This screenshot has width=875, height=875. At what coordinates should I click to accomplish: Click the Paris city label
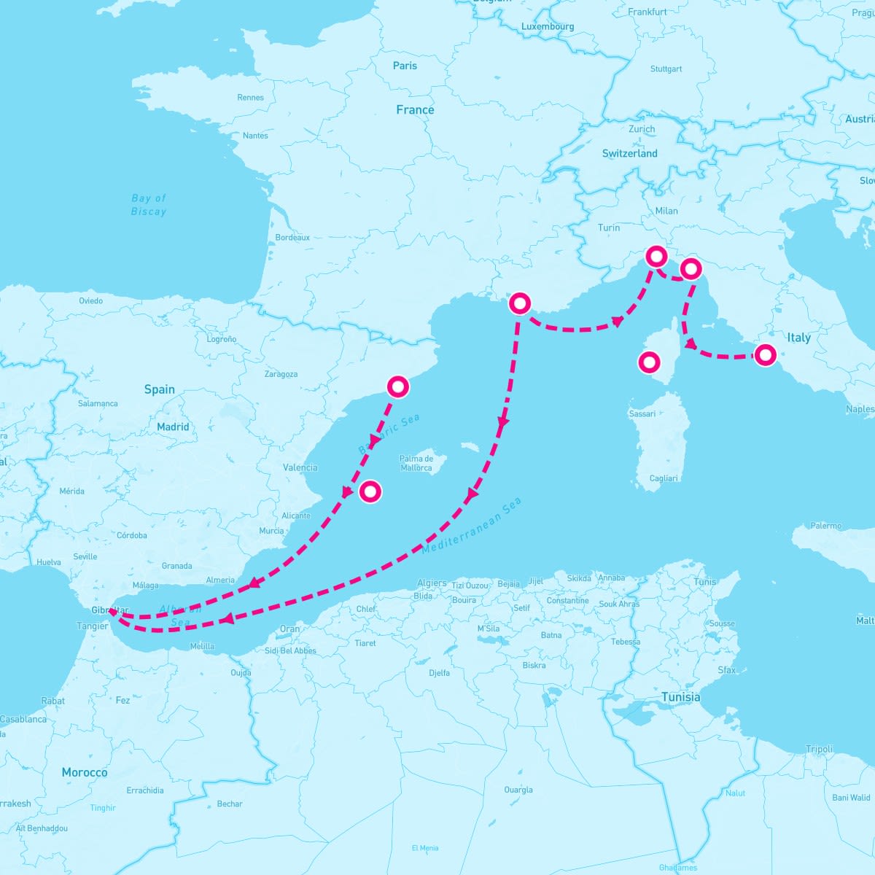coord(405,66)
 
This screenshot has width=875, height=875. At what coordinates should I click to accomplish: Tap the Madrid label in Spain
coord(173,427)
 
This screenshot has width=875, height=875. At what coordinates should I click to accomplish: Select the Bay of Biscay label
coord(149,205)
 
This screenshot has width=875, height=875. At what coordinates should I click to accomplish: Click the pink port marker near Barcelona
coord(397,386)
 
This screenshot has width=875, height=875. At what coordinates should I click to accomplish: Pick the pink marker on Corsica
coord(648,362)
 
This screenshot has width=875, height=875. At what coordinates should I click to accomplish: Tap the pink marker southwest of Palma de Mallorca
coord(370,491)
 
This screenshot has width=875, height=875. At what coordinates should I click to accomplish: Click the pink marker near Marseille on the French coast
coord(519,303)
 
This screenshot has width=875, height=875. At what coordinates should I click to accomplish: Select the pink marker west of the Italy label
coord(765,355)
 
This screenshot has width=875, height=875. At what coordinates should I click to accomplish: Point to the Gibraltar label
coord(110,610)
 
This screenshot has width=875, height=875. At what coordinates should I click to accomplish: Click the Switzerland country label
coord(629,153)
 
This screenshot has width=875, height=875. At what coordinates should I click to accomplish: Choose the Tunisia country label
coord(680,697)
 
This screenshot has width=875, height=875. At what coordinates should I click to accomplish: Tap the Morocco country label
coord(85,772)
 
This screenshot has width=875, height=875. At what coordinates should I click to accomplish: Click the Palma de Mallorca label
coord(416,463)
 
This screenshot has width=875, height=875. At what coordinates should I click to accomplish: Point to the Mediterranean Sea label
coord(472,526)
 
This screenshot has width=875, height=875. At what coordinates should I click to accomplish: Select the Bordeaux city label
coord(292,237)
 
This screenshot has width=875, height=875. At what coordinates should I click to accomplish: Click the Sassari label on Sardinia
coord(642,413)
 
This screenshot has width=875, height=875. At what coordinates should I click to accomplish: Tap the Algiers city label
coord(432,583)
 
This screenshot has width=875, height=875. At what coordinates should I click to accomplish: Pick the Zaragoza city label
coord(281,374)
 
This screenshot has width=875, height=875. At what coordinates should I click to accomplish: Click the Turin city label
coord(609,227)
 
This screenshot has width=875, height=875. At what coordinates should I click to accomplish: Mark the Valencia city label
coord(300,467)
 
